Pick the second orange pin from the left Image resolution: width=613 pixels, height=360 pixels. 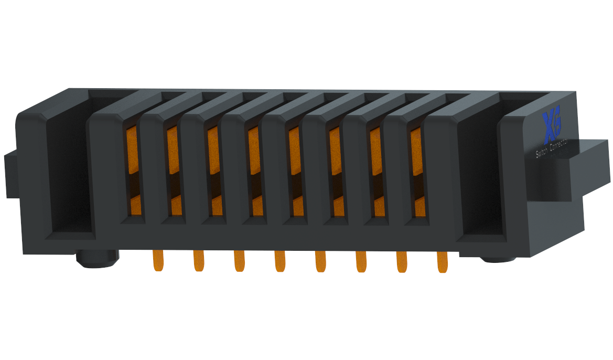tap(198, 261)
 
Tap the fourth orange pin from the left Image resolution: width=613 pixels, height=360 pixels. tap(279, 261)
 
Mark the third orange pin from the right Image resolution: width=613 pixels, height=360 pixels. tap(361, 261)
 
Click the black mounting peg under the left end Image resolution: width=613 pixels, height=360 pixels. tap(97, 259)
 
